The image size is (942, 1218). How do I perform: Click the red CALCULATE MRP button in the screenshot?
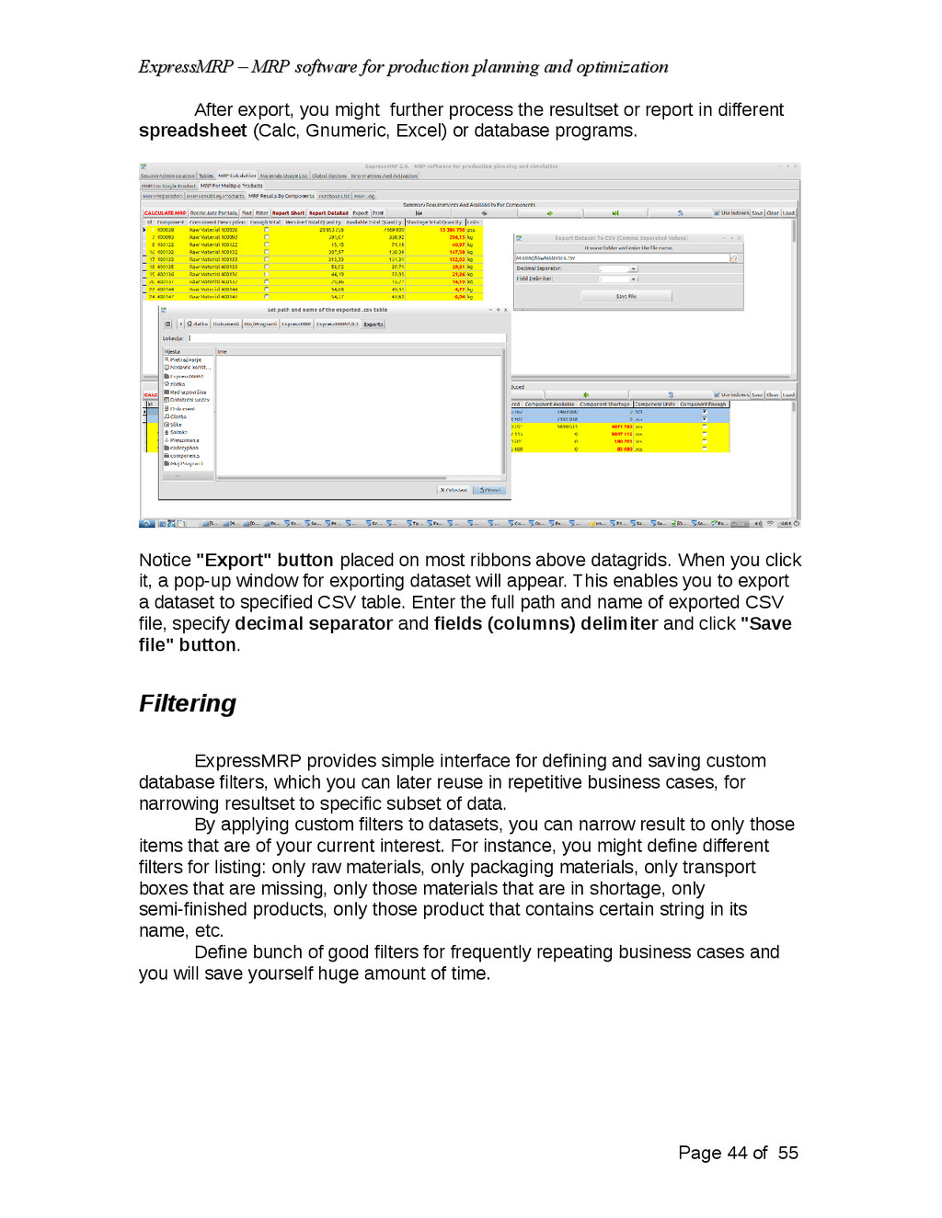(165, 213)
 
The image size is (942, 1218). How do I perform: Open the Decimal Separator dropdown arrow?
(633, 268)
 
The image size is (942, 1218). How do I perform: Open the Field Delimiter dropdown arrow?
(633, 279)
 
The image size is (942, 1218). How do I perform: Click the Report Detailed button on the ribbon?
(328, 213)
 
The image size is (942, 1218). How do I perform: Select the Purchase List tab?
(334, 196)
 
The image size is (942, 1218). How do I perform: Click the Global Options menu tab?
(329, 176)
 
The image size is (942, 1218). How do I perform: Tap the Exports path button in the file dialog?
(373, 324)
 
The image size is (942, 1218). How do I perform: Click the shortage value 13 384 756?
(452, 230)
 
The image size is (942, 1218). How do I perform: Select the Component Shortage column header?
(604, 404)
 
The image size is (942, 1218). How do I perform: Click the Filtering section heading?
(188, 704)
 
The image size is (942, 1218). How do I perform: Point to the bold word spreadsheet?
(192, 131)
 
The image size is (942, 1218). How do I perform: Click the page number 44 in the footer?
(737, 1153)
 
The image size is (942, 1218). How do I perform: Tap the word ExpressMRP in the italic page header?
(186, 67)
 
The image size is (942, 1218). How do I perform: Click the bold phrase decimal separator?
(314, 623)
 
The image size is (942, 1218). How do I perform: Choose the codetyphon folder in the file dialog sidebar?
(183, 448)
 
